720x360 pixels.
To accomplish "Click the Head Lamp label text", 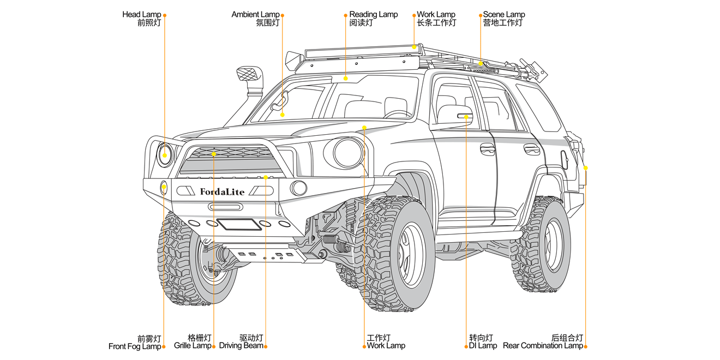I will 141,15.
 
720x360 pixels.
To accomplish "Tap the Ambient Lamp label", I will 255,15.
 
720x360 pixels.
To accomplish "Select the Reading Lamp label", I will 373,15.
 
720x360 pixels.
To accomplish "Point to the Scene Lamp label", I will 503,15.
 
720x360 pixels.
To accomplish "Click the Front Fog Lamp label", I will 135,346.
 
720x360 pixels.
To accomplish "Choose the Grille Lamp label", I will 193,346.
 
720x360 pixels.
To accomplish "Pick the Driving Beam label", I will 241,346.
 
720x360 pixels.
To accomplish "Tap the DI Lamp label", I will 483,346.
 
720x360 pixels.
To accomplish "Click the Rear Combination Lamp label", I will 543,346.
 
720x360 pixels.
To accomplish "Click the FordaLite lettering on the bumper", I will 222,191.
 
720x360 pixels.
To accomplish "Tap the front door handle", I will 488,149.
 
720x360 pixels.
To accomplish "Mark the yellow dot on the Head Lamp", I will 165,155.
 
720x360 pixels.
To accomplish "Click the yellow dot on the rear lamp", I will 585,168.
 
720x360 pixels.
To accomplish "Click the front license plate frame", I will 239,224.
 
